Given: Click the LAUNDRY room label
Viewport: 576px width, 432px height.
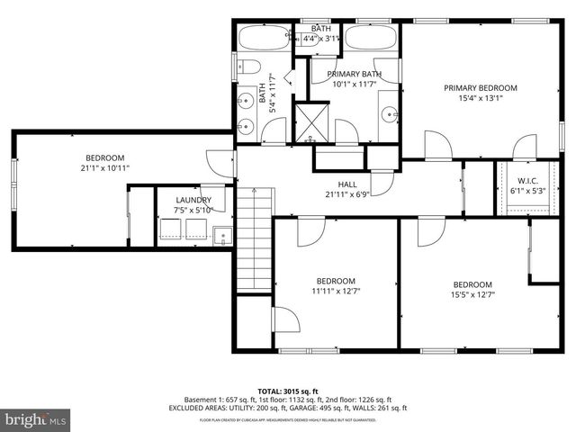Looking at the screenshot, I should coord(193,200).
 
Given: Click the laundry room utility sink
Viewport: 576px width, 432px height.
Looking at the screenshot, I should coord(222,237).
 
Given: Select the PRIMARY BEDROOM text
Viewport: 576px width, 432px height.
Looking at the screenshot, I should coord(481,87).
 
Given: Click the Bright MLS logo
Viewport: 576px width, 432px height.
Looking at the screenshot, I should coord(35,419).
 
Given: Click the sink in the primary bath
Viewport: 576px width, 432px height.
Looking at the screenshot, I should coord(388,114).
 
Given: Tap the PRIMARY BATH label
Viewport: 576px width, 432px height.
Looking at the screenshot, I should coord(354,74).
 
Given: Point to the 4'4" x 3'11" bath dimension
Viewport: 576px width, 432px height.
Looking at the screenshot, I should coord(320,39).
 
